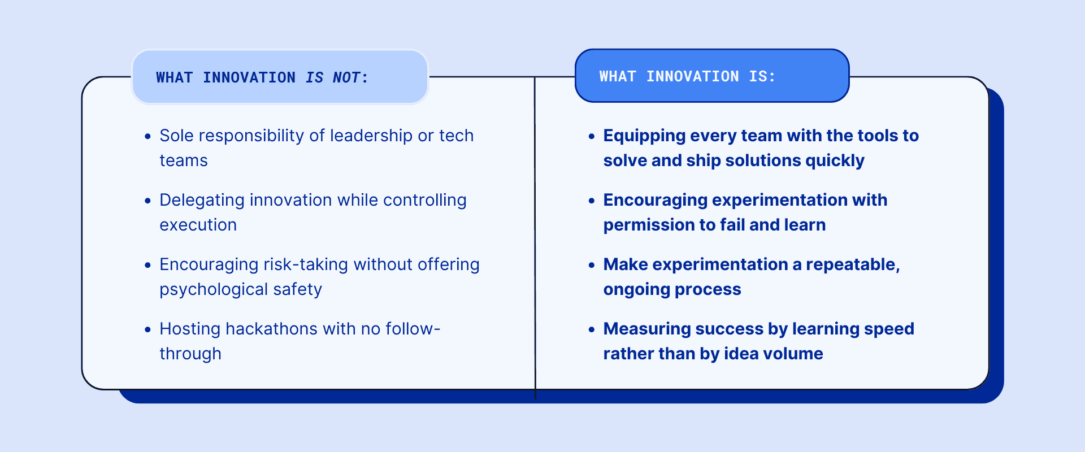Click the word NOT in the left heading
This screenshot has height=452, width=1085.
[x=346, y=77]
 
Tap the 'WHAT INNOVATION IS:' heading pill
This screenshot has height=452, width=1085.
[x=711, y=76]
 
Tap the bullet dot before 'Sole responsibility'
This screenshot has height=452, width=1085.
[x=147, y=136]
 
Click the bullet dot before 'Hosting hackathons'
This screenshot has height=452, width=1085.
[x=147, y=329]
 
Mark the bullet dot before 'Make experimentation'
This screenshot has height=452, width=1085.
[x=592, y=265]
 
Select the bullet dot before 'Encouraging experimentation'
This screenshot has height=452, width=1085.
[x=592, y=201]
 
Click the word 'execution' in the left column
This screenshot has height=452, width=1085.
[x=198, y=225]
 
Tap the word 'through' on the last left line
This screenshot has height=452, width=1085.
[x=190, y=354]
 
